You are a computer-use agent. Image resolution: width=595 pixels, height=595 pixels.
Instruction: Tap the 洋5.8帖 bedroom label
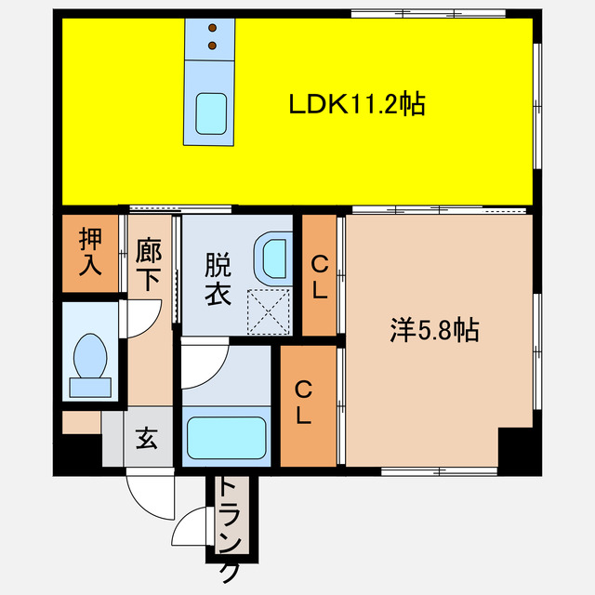coord(434,330)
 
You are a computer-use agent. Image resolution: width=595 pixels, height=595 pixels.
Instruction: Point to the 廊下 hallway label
coord(150,266)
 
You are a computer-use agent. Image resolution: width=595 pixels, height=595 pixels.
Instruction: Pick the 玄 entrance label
coord(147,438)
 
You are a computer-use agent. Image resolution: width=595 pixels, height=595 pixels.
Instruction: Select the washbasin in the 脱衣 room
coord(275,255)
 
